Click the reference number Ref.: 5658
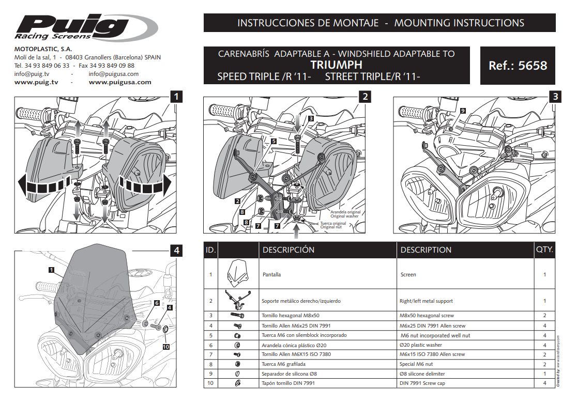point(518,66)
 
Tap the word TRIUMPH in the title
point(336,65)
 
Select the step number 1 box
point(176,96)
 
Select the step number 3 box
point(555,96)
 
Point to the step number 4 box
point(176,250)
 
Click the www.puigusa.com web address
point(120,82)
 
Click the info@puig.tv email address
point(32,74)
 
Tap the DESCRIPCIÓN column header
point(288,250)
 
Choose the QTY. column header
point(544,250)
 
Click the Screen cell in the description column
point(408,275)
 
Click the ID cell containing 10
point(210,383)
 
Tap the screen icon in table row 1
point(237,273)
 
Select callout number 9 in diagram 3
point(462,111)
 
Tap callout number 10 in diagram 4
point(165,347)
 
